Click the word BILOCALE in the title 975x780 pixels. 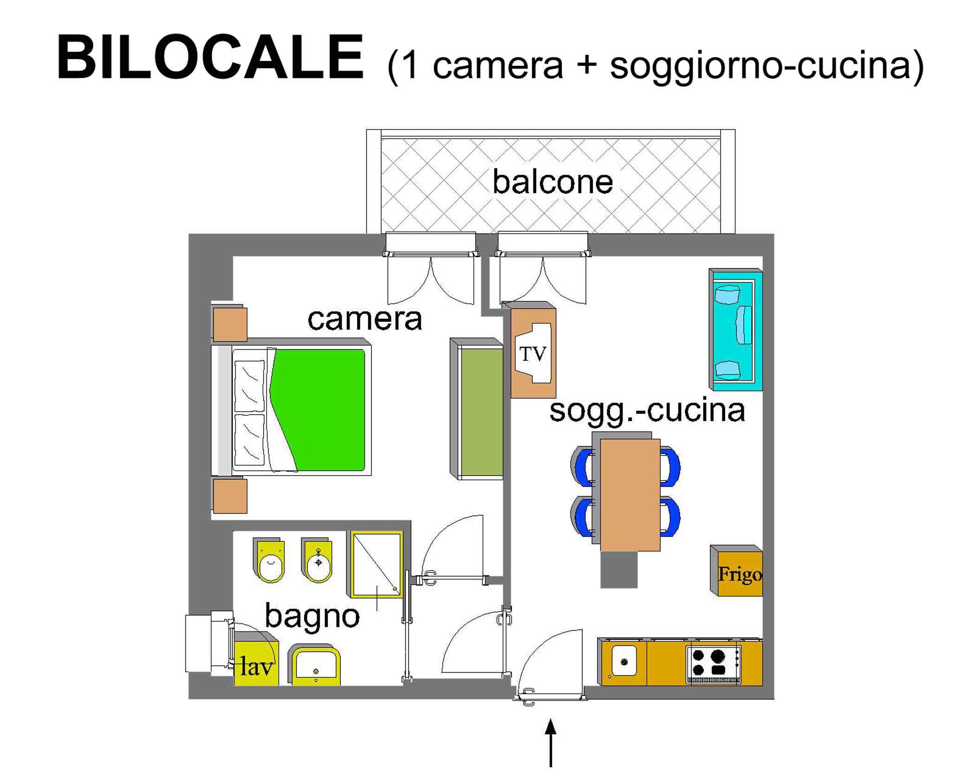point(210,57)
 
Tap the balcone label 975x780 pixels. point(552,182)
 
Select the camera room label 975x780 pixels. point(365,319)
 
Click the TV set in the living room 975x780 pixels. point(533,353)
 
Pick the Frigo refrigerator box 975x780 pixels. point(737,571)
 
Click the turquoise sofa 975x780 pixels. point(735,329)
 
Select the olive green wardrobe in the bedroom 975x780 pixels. point(477,409)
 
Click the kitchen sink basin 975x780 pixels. point(624,661)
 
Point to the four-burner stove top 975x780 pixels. point(714,664)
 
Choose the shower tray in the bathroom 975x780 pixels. point(376,564)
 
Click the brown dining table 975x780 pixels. point(630,494)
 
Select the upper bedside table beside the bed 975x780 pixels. point(230,324)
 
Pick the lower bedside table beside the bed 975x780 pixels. point(230,496)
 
